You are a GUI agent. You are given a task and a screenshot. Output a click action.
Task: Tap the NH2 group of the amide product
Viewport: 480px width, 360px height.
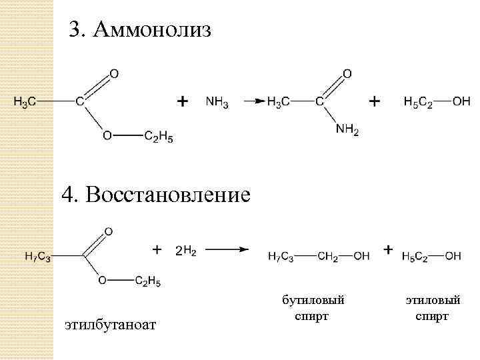coord(347,131)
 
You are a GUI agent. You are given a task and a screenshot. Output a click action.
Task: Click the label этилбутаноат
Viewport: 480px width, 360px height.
coord(110,325)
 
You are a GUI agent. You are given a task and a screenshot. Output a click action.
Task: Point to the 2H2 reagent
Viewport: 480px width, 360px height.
coord(185,251)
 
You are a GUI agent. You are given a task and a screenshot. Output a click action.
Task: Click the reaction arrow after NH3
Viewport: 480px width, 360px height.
coord(252,101)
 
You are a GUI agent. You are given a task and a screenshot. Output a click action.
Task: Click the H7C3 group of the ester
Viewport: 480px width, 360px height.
coord(38,257)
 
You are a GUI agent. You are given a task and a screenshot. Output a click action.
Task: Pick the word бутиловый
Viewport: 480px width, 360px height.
coord(313,301)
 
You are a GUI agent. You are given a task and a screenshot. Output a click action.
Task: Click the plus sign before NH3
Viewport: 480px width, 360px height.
coord(182,101)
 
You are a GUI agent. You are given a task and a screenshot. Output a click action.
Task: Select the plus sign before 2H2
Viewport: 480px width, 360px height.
coord(157,249)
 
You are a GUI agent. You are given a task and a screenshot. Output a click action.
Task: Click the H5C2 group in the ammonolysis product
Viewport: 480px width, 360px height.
coord(418,102)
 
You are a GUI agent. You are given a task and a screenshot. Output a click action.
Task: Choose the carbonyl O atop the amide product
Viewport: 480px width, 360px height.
coord(347,73)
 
